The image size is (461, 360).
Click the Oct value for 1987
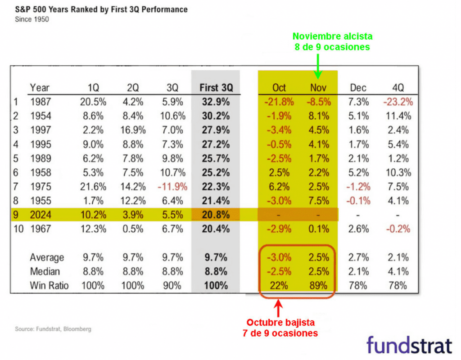(279, 102)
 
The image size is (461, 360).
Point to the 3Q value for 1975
(172, 187)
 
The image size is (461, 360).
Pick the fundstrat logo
(408, 345)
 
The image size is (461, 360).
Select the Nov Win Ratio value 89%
(319, 286)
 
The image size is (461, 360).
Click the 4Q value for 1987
(398, 102)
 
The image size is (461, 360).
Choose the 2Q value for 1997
(131, 130)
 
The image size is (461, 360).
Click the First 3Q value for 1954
(215, 116)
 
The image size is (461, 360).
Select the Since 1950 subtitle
(32, 19)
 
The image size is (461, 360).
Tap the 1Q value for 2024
(94, 215)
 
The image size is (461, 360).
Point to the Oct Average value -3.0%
(279, 258)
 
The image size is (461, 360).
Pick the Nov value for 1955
(319, 201)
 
